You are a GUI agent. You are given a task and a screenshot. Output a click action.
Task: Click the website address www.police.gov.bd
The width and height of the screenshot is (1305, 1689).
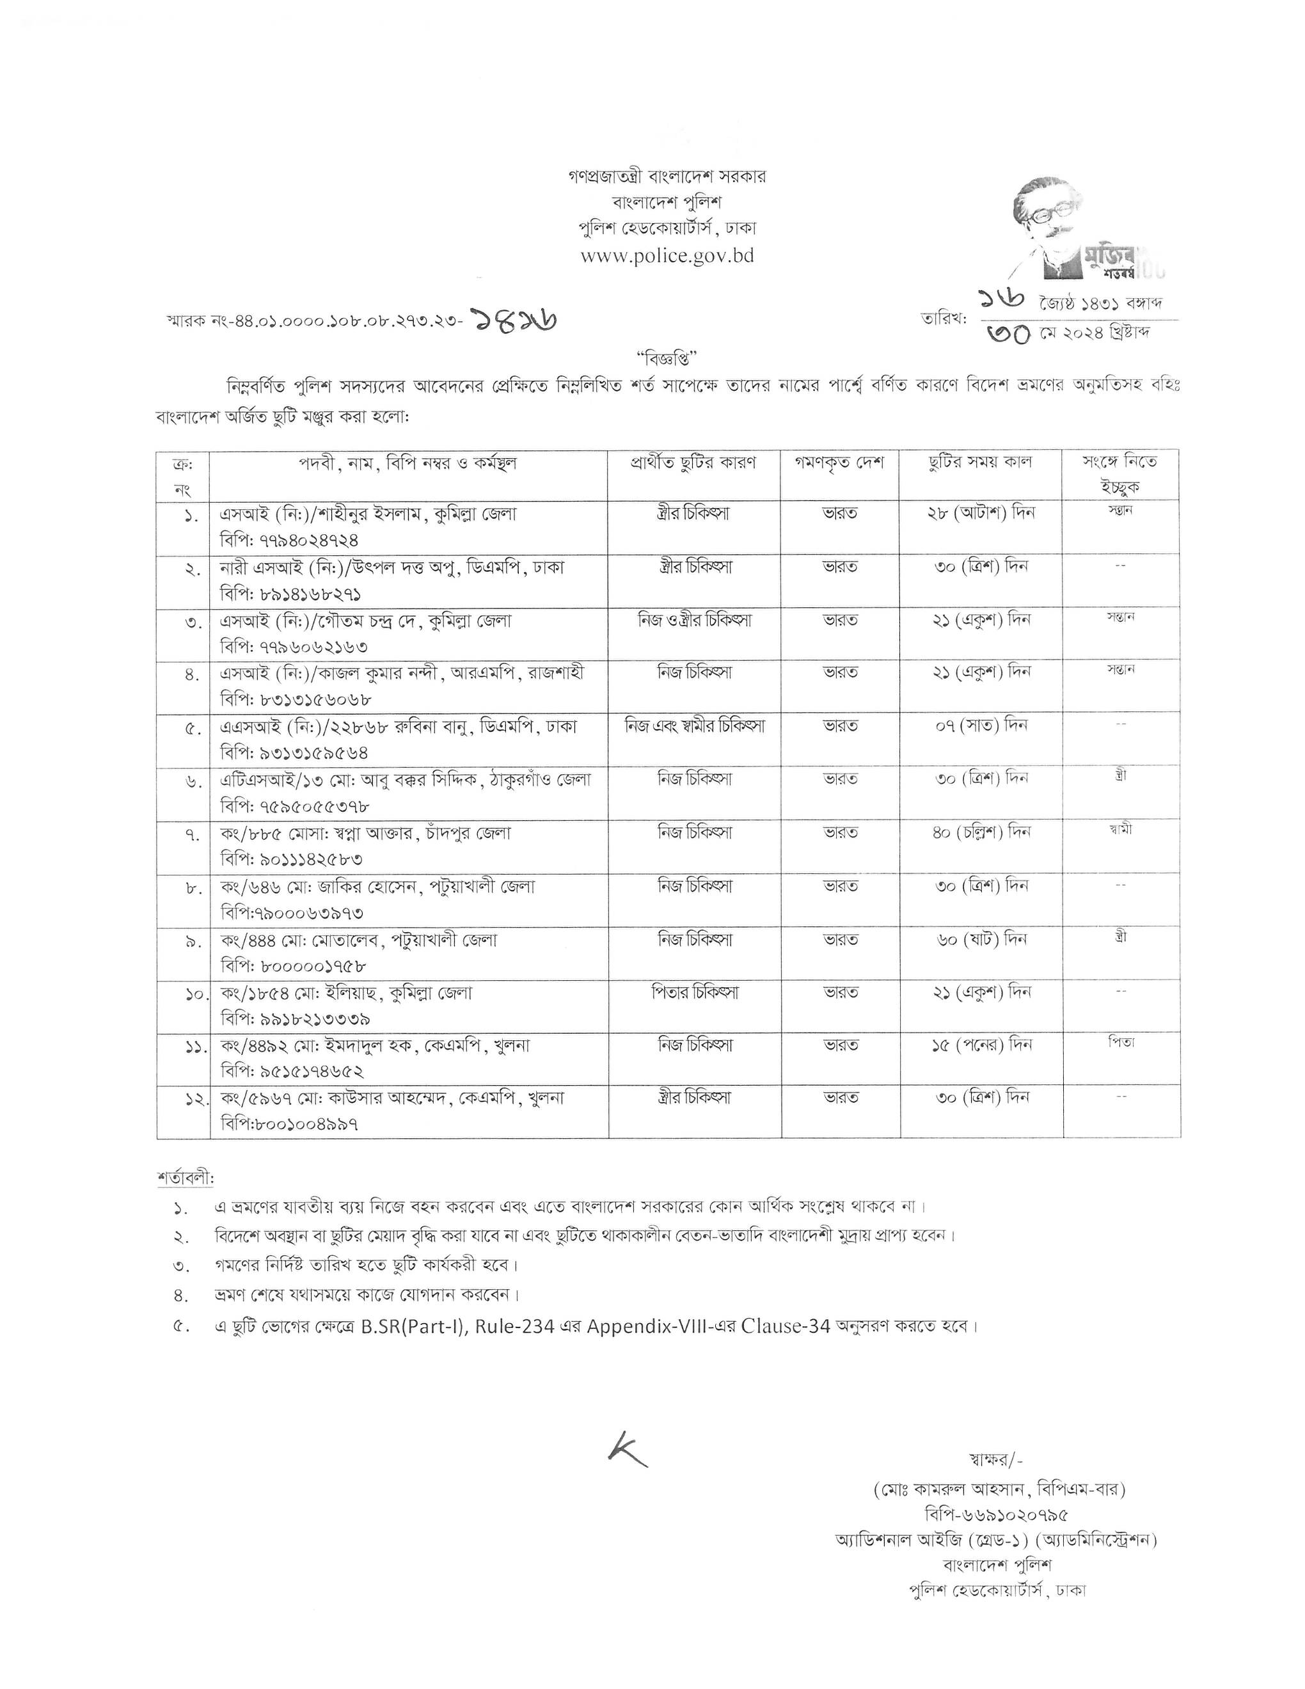point(667,256)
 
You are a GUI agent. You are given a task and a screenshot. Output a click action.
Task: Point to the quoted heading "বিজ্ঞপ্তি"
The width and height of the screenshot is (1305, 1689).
point(667,358)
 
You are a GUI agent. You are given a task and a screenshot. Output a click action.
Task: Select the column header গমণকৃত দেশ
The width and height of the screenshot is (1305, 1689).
point(839,463)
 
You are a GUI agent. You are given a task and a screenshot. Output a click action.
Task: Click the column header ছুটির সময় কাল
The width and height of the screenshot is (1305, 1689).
point(980,463)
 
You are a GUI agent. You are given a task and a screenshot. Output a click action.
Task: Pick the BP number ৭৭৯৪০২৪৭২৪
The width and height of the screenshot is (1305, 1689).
point(289,540)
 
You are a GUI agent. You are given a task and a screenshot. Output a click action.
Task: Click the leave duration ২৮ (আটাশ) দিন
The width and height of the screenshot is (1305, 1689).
point(980,512)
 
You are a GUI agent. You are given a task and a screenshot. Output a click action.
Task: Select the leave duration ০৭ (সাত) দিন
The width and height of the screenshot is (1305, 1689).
point(980,726)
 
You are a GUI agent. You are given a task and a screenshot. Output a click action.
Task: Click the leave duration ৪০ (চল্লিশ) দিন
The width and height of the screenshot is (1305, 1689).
point(980,833)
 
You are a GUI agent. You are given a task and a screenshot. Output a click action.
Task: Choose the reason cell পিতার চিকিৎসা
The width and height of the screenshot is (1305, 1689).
point(694,992)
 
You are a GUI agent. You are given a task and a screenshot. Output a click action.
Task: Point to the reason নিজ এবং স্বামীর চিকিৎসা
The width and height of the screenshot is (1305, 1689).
point(694,726)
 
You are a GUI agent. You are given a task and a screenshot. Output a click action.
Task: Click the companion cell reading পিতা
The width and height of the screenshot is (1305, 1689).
point(1120,1042)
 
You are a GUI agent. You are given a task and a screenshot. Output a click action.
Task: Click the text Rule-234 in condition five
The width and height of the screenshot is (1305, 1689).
point(514,1326)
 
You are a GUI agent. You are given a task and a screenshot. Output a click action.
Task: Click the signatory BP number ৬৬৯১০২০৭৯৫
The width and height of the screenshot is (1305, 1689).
point(997,1514)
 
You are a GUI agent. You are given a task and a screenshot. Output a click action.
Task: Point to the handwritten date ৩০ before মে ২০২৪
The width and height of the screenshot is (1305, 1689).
point(1008,333)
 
